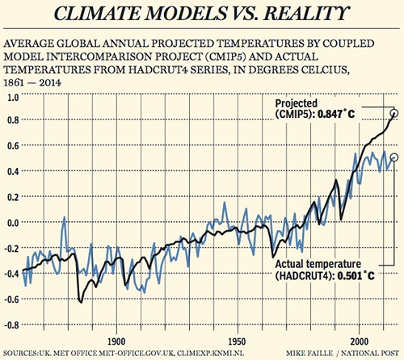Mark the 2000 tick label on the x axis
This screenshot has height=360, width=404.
[357, 341]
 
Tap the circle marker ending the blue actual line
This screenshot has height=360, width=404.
[393, 157]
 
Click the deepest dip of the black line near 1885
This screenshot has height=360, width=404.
[80, 302]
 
